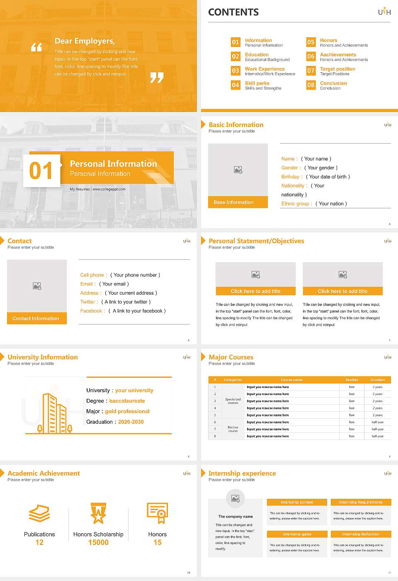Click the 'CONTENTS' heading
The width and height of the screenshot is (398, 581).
pyautogui.click(x=233, y=12)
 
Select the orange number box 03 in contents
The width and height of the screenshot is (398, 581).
pyautogui.click(x=235, y=71)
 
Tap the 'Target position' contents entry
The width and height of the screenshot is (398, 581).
pyautogui.click(x=337, y=69)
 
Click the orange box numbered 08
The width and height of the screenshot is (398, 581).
pyautogui.click(x=311, y=85)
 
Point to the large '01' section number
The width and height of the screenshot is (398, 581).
pyautogui.click(x=41, y=171)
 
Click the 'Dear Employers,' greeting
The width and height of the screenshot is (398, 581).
pyautogui.click(x=85, y=41)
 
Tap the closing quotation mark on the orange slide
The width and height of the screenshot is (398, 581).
pyautogui.click(x=157, y=78)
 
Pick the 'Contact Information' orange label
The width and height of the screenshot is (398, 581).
pyautogui.click(x=36, y=318)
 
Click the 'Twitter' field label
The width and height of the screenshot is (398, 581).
pyautogui.click(x=89, y=302)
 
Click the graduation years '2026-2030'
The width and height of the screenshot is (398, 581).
pyautogui.click(x=131, y=422)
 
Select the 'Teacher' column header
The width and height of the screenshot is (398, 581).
pyautogui.click(x=352, y=380)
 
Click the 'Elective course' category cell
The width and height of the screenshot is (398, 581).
pyautogui.click(x=233, y=429)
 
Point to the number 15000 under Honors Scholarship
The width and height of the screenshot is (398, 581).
pyautogui.click(x=98, y=542)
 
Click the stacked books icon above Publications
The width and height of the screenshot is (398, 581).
pyautogui.click(x=39, y=513)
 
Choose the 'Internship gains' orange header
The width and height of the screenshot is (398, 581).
pyautogui.click(x=297, y=534)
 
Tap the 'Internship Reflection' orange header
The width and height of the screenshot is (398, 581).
pyautogui.click(x=361, y=534)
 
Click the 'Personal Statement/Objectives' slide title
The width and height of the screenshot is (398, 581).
pyautogui.click(x=256, y=241)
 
